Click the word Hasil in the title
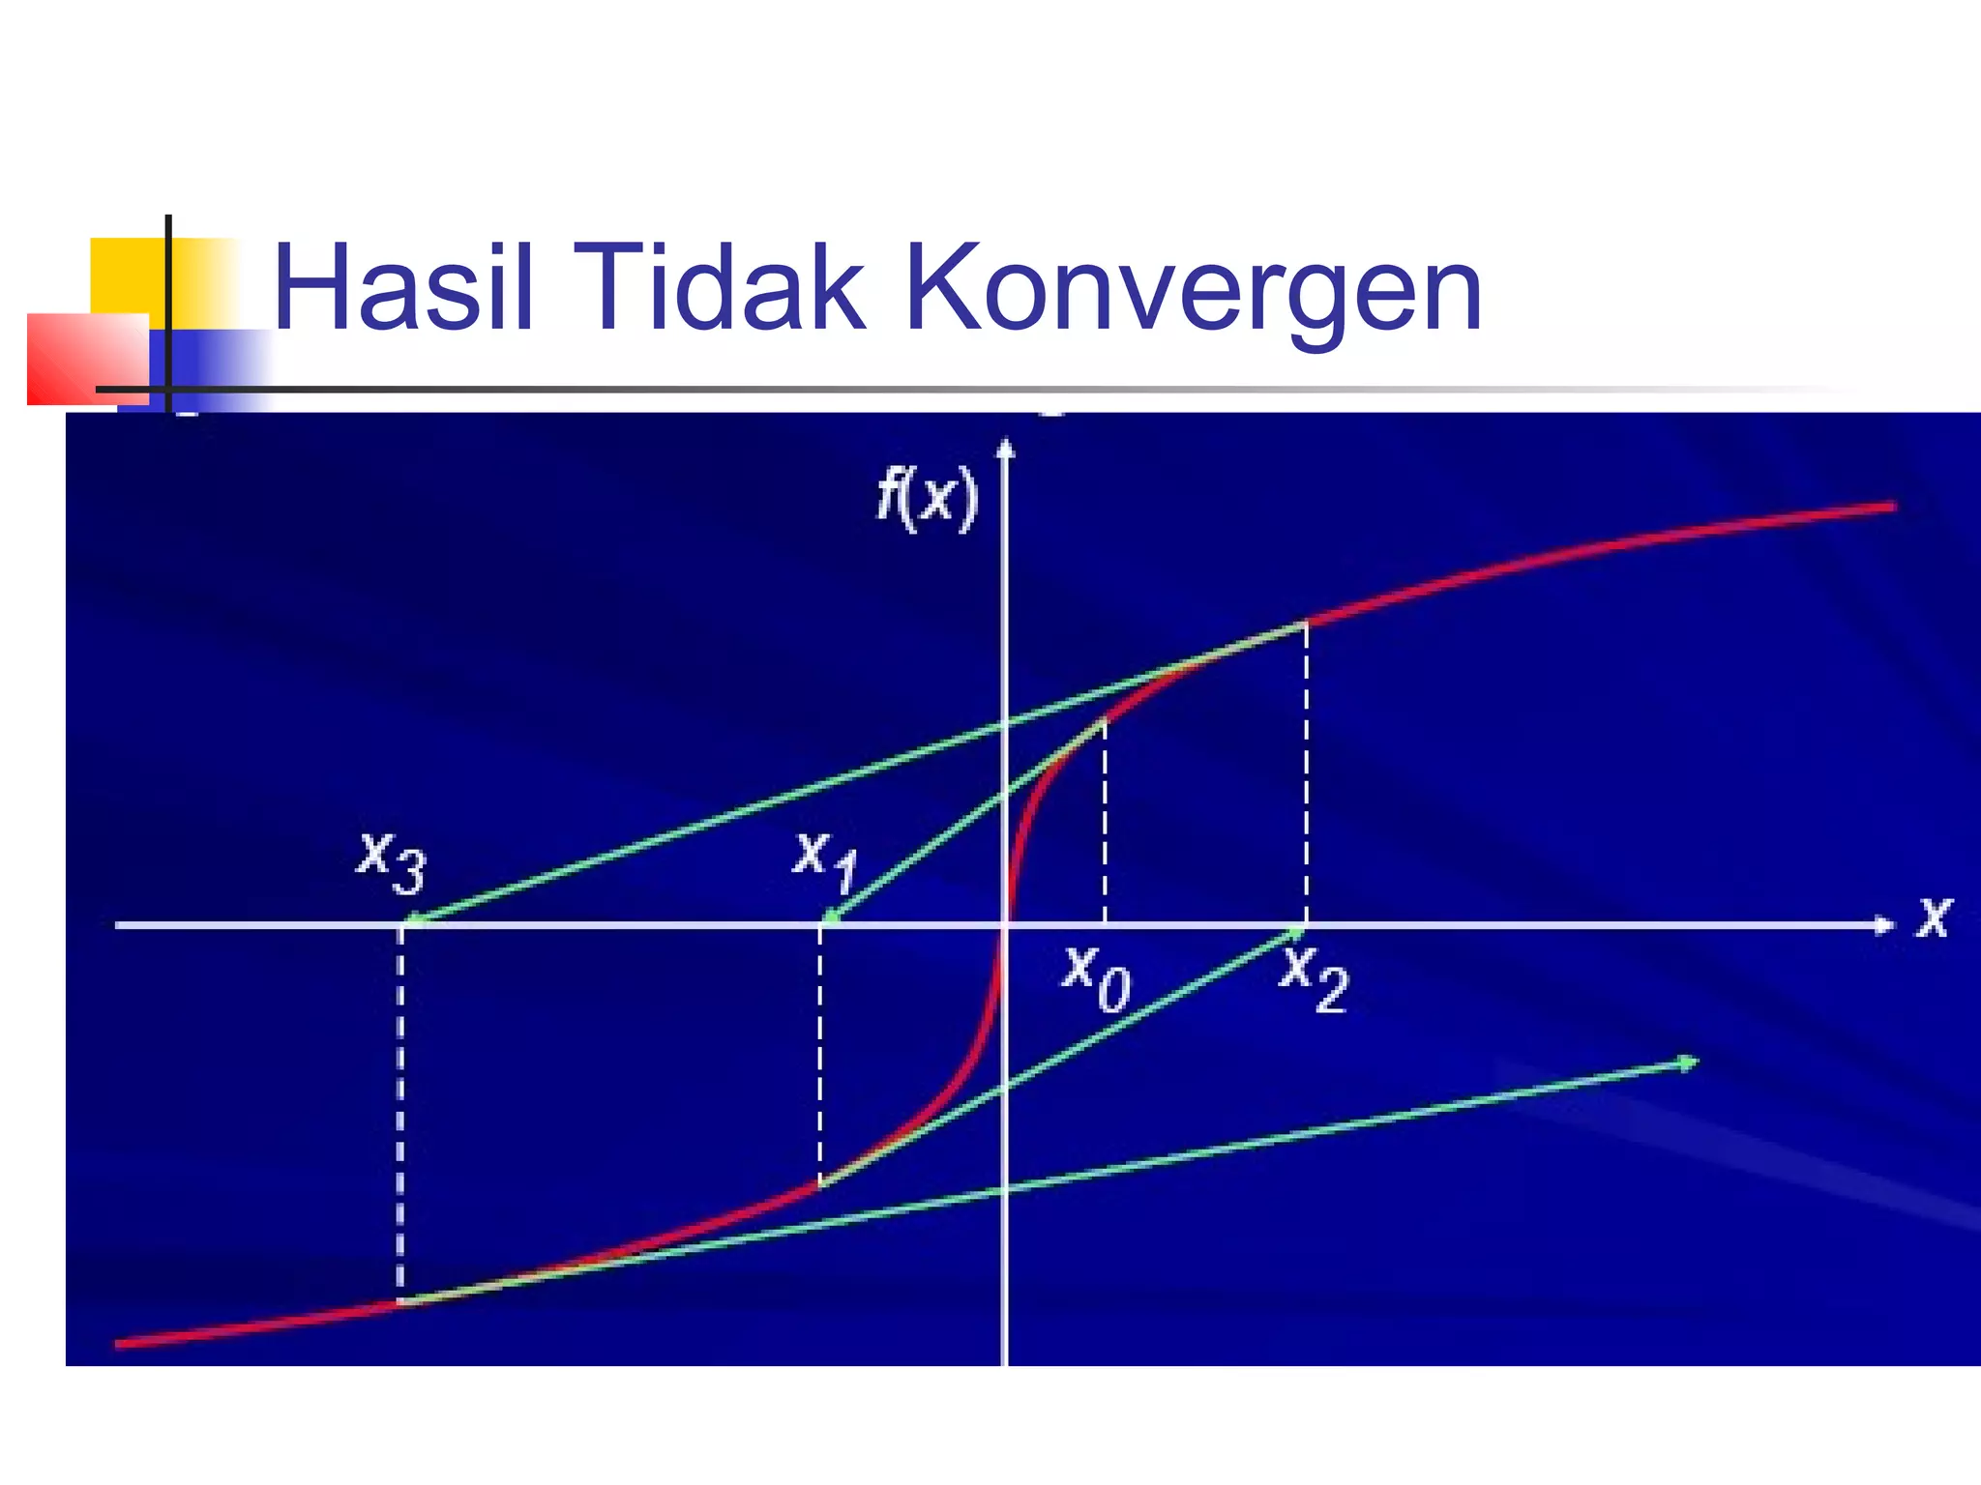click(x=402, y=288)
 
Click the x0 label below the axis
click(x=1096, y=978)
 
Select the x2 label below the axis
click(x=1313, y=978)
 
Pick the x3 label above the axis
click(x=391, y=860)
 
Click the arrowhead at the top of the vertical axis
click(x=1006, y=448)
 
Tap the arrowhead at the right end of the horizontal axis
click(x=1883, y=925)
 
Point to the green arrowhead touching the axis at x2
click(x=1293, y=933)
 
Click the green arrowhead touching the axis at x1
click(x=830, y=917)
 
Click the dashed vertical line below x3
click(x=400, y=1112)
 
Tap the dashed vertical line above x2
click(x=1306, y=773)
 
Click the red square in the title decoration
click(x=87, y=358)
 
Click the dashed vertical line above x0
click(x=1105, y=822)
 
